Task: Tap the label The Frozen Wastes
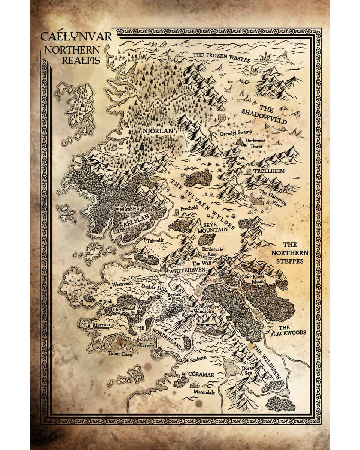click(221, 55)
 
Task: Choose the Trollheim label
click(268, 171)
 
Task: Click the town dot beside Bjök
click(100, 301)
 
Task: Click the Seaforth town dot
click(187, 360)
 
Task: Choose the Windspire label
click(205, 312)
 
